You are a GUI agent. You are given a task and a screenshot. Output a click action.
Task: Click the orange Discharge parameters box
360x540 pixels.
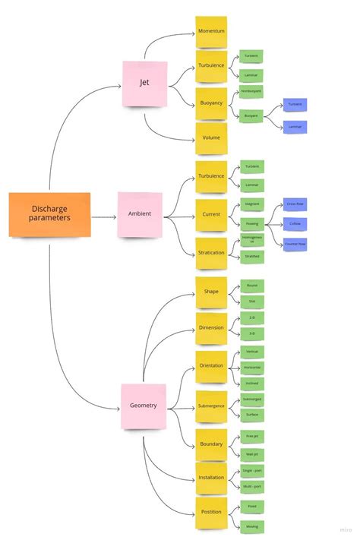(49, 213)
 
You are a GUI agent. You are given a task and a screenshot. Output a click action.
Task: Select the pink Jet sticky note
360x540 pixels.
(144, 83)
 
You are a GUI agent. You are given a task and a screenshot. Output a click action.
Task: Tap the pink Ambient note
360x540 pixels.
(139, 213)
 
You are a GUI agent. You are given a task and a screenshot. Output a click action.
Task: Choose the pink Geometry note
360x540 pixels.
(143, 406)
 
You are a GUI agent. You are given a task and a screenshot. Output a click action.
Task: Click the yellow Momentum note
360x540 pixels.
(210, 31)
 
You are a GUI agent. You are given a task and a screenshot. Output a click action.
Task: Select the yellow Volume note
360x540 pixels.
(210, 138)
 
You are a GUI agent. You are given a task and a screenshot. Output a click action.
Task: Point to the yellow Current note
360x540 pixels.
(210, 215)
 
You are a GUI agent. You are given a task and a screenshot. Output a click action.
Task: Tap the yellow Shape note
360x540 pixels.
(210, 292)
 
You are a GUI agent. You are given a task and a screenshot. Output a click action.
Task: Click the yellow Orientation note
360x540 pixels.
(210, 366)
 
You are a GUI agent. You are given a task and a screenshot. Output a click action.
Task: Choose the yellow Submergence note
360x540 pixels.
(210, 406)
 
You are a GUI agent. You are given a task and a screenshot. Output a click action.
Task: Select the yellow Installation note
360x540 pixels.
(210, 478)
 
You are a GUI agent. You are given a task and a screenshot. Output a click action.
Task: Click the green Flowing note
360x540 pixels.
(251, 224)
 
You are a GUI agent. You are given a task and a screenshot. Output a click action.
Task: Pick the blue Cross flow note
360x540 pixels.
(295, 204)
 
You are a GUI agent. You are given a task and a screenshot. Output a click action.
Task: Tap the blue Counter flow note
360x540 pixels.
(295, 245)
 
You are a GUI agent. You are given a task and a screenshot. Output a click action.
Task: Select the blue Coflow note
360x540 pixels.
(295, 224)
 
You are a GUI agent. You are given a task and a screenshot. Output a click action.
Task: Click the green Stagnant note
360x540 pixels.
(251, 204)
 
